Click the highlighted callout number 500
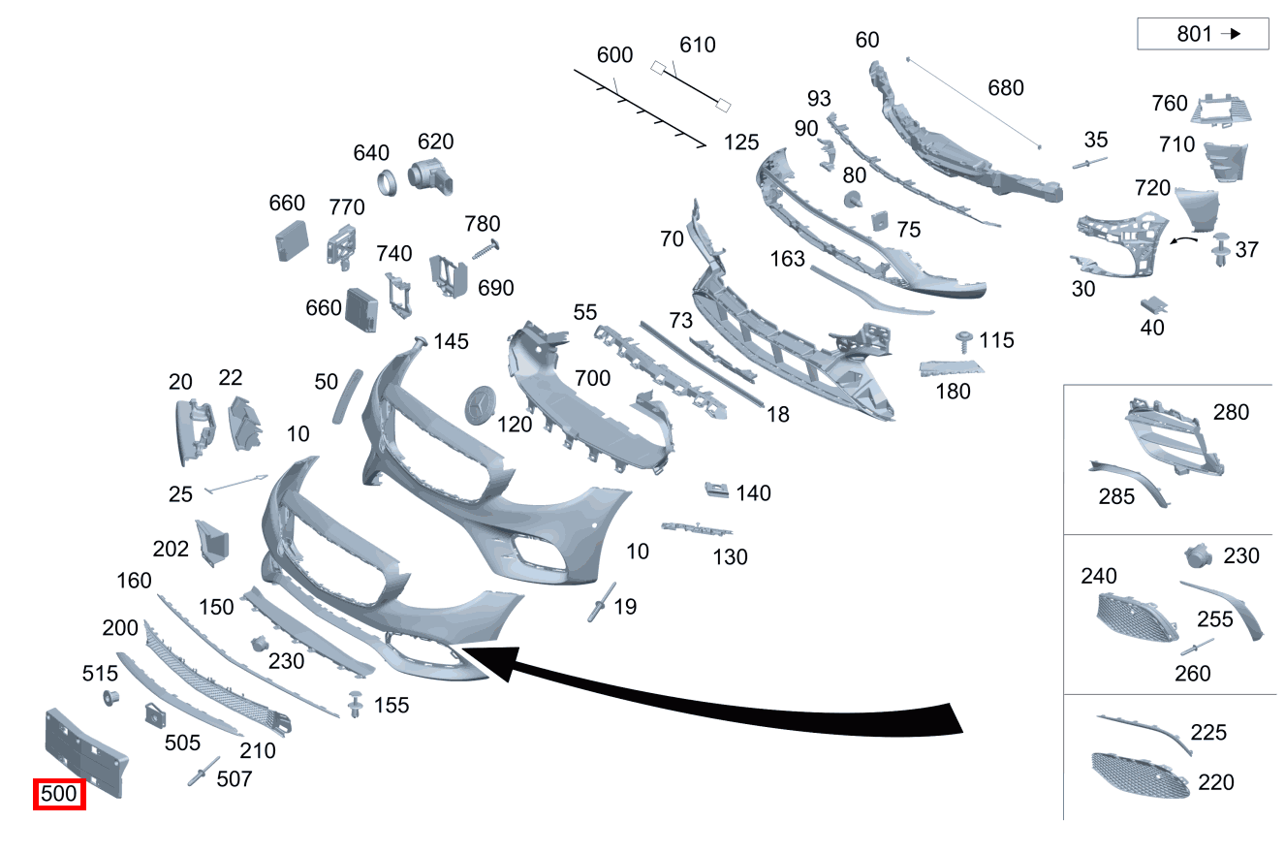pos(59,794)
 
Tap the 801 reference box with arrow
pos(1203,34)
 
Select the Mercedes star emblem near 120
pos(480,405)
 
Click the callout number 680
pos(1006,88)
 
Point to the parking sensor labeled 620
pos(430,176)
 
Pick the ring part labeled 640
pos(387,183)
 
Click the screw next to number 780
pos(486,250)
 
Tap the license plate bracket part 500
pos(86,752)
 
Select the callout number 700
pos(592,378)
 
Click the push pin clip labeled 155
pos(356,704)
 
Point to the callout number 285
pos(1116,496)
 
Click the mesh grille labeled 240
pos(1137,617)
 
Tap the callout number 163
pos(787,259)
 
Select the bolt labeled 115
pos(963,341)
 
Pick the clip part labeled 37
pos(1221,249)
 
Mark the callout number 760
pos(1169,104)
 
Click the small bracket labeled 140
pos(716,489)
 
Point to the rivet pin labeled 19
pos(601,601)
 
